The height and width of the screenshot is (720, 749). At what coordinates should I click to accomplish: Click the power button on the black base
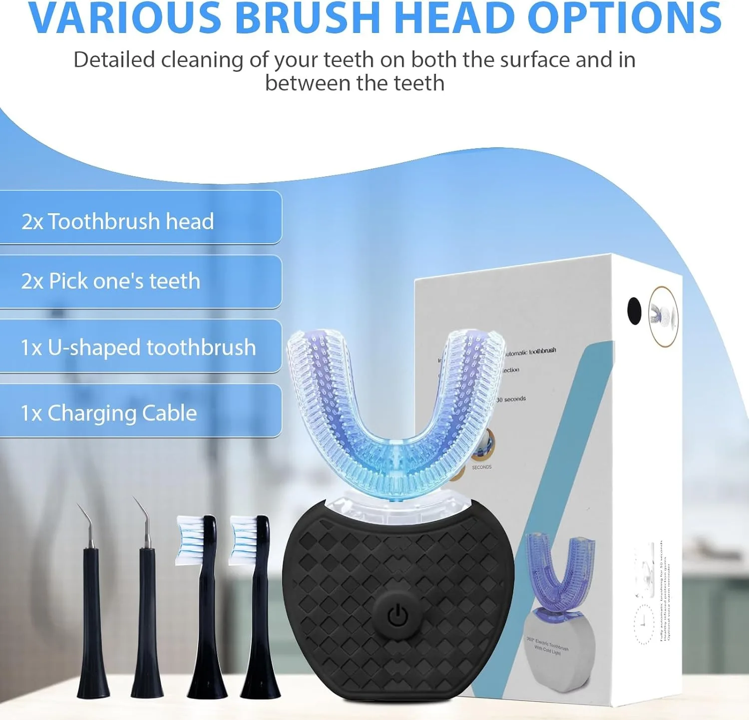point(398,616)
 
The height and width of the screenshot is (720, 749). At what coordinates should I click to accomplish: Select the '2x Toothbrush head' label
point(118,221)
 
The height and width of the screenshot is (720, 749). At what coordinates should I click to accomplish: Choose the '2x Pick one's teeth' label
point(111,281)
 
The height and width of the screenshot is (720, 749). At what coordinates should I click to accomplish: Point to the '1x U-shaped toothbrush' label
point(138,348)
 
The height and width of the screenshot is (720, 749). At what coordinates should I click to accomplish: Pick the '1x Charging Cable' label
point(109,413)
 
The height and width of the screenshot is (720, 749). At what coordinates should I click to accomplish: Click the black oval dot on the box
point(634,311)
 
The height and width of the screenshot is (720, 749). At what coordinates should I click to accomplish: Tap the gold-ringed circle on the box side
point(663,316)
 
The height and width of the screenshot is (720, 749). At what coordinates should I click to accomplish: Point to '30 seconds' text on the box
point(511,399)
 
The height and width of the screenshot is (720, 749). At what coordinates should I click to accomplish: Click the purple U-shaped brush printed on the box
point(559,569)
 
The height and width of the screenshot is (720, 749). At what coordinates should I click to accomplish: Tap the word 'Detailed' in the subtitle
point(114,60)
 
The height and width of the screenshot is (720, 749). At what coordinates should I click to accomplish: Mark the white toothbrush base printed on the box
point(559,649)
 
